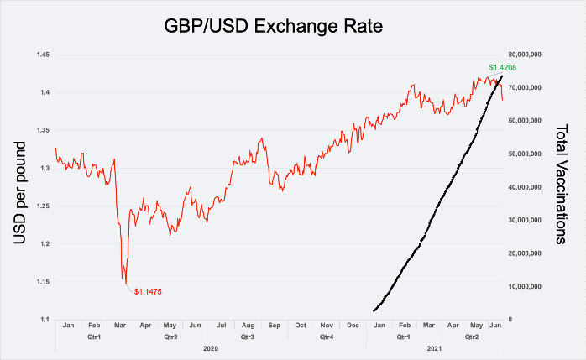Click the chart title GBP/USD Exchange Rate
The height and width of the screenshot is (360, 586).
(x=274, y=27)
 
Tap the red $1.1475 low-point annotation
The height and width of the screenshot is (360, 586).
(x=148, y=291)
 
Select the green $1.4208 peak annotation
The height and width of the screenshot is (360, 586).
(x=502, y=67)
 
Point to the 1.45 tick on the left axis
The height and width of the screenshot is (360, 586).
(x=42, y=55)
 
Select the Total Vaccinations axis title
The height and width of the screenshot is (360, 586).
(x=563, y=185)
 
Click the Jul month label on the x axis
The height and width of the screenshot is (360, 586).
(x=222, y=325)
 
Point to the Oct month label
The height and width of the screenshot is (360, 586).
(x=301, y=325)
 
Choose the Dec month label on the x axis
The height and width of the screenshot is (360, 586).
(x=353, y=325)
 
